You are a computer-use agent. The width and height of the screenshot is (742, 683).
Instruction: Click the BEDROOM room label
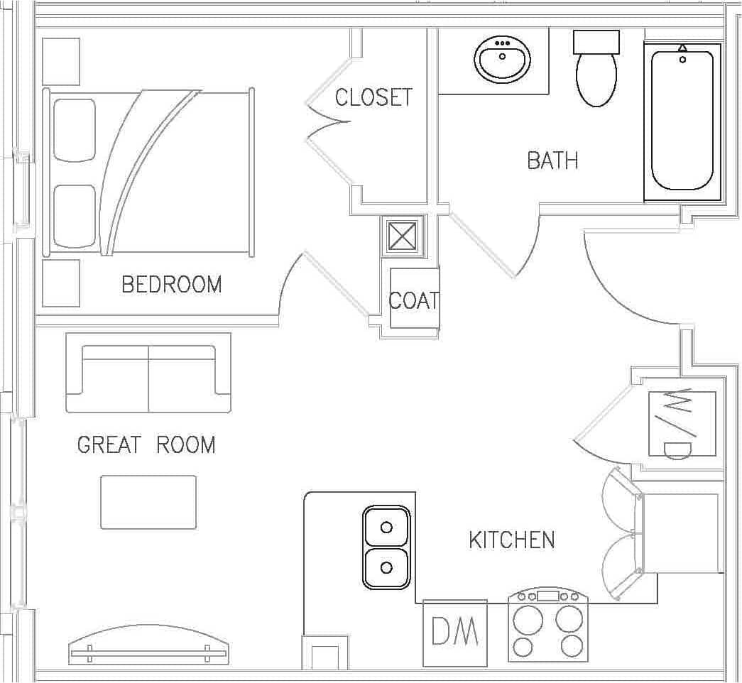tap(172, 285)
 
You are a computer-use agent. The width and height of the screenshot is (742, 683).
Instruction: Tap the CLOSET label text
tap(373, 97)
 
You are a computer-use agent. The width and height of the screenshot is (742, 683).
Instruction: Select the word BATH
tap(552, 160)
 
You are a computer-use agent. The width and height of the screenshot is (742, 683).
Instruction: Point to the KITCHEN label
tap(511, 540)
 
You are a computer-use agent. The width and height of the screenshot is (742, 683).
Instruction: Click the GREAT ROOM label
tap(146, 445)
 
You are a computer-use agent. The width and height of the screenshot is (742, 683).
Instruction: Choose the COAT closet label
tap(414, 300)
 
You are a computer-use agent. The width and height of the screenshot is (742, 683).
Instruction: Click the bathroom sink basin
tap(503, 60)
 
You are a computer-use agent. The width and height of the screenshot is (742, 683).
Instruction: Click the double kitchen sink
tap(386, 547)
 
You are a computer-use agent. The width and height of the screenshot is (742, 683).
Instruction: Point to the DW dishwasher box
tap(455, 633)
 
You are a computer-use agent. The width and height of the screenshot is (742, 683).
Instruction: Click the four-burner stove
tap(548, 626)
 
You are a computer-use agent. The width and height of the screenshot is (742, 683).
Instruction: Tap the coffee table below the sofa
tap(148, 502)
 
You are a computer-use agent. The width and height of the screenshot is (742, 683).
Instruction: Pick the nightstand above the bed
tap(61, 62)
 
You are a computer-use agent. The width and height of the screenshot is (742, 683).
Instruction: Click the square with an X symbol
tap(402, 236)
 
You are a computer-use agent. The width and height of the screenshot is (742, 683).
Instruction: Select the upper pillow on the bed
tap(75, 130)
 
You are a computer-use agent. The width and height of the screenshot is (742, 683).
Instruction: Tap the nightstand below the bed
tap(61, 283)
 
